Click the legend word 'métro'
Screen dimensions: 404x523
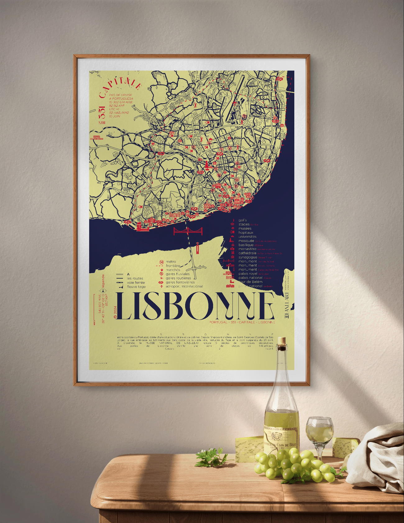pyautogui.click(x=171, y=262)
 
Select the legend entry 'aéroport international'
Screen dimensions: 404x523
pyautogui.click(x=184, y=286)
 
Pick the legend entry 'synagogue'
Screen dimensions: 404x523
pyautogui.click(x=248, y=257)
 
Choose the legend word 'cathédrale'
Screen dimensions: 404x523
pyautogui.click(x=247, y=253)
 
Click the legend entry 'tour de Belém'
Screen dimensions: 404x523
pyautogui.click(x=250, y=282)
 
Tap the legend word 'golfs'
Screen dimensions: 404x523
pyautogui.click(x=242, y=220)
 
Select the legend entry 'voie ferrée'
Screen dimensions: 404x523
pyautogui.click(x=136, y=282)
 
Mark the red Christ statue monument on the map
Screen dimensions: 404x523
pyautogui.click(x=197, y=248)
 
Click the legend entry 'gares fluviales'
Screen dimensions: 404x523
pyautogui.click(x=177, y=274)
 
